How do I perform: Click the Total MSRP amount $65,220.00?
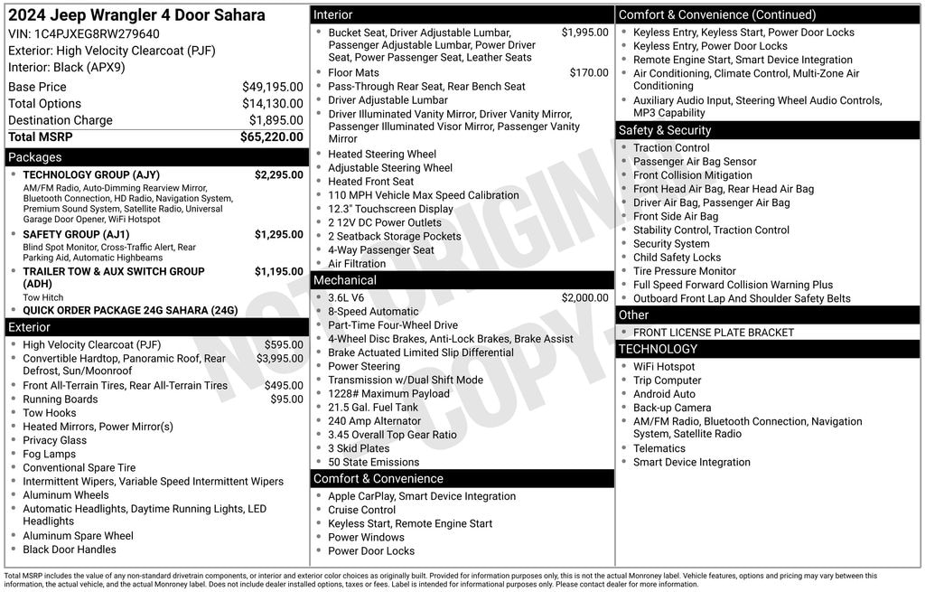click(271, 137)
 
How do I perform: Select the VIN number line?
click(84, 33)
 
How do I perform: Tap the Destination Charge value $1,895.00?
click(276, 120)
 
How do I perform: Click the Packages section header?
click(35, 157)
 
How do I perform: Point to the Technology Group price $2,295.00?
click(278, 174)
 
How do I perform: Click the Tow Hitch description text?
click(43, 297)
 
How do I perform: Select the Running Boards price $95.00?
click(286, 399)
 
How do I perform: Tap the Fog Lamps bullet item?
click(49, 455)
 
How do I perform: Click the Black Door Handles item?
click(70, 550)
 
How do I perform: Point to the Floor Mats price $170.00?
click(589, 73)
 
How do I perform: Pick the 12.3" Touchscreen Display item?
click(390, 209)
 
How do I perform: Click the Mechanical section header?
click(345, 280)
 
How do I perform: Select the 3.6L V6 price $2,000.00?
click(584, 298)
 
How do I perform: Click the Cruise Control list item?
click(361, 511)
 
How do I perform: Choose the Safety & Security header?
click(665, 130)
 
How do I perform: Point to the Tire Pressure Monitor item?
click(684, 271)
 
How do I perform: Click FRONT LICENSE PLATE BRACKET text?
click(700, 333)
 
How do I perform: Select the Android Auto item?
click(664, 394)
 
